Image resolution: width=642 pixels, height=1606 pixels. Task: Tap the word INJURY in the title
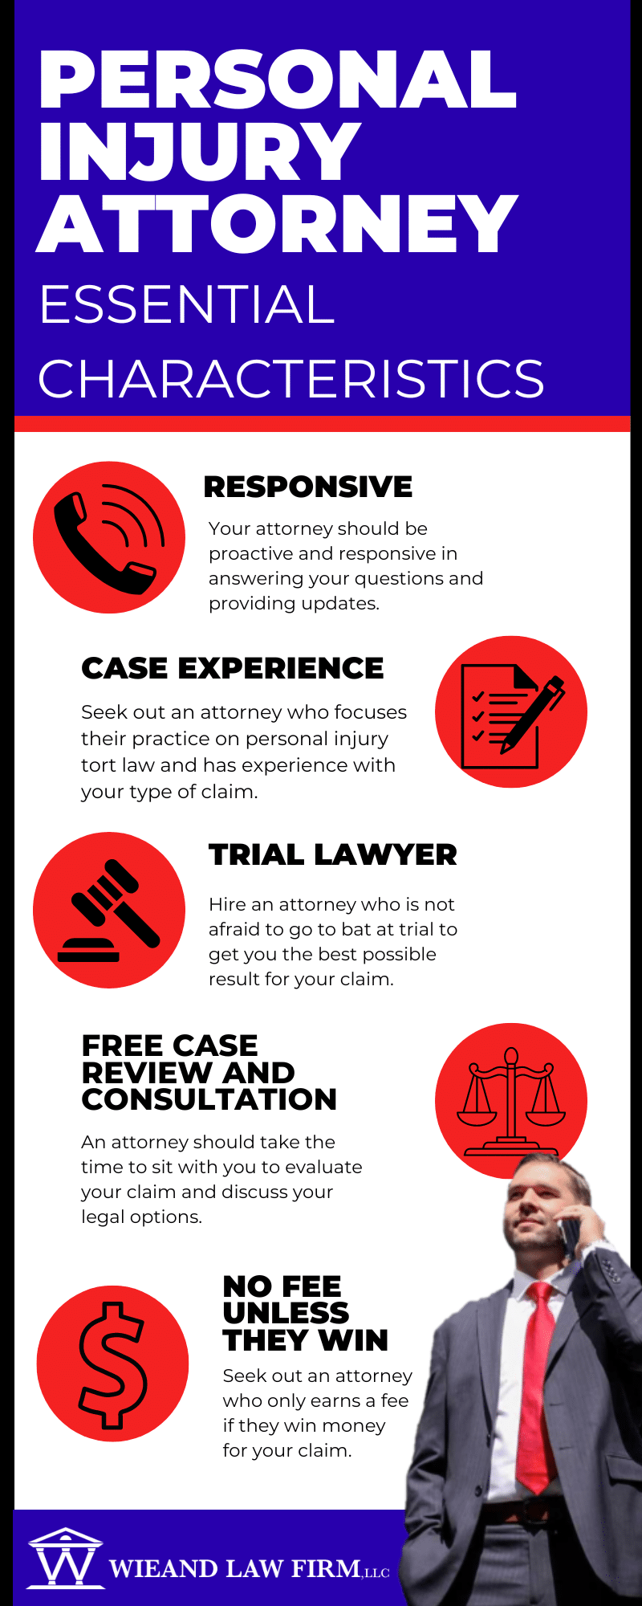click(199, 151)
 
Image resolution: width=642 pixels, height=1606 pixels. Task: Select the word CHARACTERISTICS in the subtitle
click(291, 378)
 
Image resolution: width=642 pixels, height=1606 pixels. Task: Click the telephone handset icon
click(109, 537)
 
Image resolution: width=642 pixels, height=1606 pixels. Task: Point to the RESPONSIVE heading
click(308, 487)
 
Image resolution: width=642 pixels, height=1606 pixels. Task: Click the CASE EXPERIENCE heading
click(233, 668)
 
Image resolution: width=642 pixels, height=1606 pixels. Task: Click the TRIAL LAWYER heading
click(333, 855)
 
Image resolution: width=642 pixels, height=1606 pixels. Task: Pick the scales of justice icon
click(511, 1101)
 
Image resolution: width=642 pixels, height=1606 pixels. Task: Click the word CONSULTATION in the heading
click(209, 1099)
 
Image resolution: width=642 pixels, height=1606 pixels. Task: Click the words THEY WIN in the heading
click(306, 1340)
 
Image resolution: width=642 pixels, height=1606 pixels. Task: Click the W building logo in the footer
click(66, 1557)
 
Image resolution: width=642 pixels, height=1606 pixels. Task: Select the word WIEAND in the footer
click(163, 1568)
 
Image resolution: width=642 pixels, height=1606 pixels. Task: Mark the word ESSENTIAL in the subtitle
click(186, 304)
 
